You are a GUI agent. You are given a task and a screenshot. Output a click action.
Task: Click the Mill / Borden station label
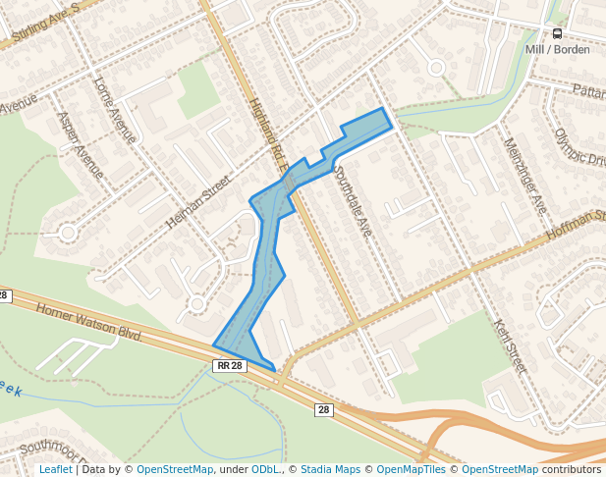click(556, 49)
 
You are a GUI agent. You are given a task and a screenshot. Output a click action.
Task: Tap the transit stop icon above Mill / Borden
click(558, 33)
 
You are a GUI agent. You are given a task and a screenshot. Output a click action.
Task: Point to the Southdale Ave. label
click(353, 202)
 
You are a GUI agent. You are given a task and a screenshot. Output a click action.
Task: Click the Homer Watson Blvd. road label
click(90, 322)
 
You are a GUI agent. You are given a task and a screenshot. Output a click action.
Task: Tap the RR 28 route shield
click(228, 366)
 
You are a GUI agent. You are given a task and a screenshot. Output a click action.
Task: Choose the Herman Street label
click(196, 203)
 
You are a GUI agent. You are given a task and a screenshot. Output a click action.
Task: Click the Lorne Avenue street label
click(114, 109)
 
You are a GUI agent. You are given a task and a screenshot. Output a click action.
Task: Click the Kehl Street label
click(511, 346)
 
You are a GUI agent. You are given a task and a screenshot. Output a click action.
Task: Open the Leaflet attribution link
click(55, 469)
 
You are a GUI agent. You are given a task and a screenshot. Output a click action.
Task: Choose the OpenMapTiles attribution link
click(413, 469)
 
